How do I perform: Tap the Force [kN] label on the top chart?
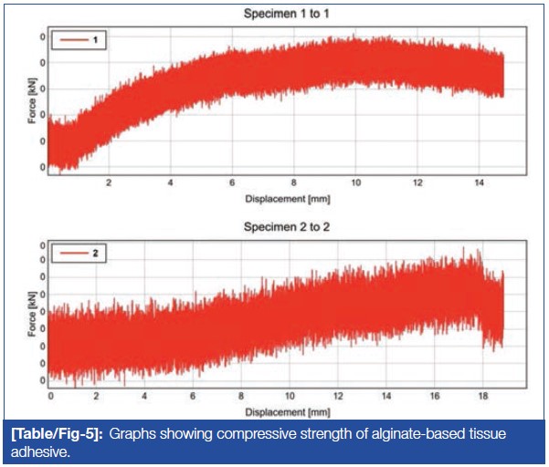(34, 102)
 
